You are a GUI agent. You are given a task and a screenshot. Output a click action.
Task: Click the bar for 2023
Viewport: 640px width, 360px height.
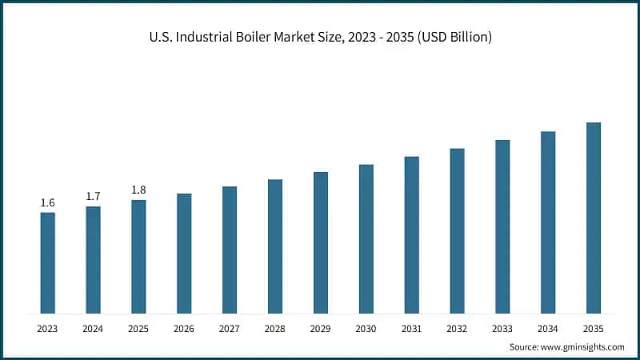click(x=48, y=262)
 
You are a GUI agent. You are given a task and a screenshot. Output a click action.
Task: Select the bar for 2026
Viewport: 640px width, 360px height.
click(x=184, y=253)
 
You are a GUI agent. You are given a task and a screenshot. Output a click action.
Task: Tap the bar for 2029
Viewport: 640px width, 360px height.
click(x=321, y=242)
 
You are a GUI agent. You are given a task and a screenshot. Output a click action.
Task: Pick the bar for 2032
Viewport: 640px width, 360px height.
click(x=457, y=230)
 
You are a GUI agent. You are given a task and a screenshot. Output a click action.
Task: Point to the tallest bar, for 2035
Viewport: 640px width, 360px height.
click(x=593, y=218)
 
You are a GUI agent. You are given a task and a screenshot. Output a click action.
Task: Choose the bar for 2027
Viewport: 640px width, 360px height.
click(x=230, y=250)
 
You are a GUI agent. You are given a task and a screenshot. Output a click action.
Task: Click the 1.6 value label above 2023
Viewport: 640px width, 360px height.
click(x=48, y=203)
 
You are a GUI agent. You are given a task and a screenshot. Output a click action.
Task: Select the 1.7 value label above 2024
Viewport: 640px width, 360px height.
click(x=94, y=197)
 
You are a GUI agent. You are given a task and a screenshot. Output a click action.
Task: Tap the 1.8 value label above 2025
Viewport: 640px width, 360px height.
click(x=138, y=190)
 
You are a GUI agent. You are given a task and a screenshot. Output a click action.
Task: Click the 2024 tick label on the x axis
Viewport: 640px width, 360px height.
click(x=94, y=328)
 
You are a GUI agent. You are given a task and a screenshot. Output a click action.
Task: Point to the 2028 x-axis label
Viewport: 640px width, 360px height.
click(x=275, y=328)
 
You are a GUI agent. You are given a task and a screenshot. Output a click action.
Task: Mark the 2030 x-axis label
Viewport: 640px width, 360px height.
click(x=366, y=328)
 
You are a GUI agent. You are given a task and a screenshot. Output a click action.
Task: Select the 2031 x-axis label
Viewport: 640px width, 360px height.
click(x=411, y=328)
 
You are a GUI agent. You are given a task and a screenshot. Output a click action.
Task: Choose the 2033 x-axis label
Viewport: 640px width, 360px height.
click(x=502, y=328)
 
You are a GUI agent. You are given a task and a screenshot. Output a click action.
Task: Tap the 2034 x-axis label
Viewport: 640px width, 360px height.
click(x=547, y=328)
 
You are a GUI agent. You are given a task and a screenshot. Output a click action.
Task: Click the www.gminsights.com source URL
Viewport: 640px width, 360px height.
click(x=584, y=346)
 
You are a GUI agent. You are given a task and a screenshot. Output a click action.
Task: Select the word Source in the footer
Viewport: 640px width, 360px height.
click(x=525, y=346)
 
